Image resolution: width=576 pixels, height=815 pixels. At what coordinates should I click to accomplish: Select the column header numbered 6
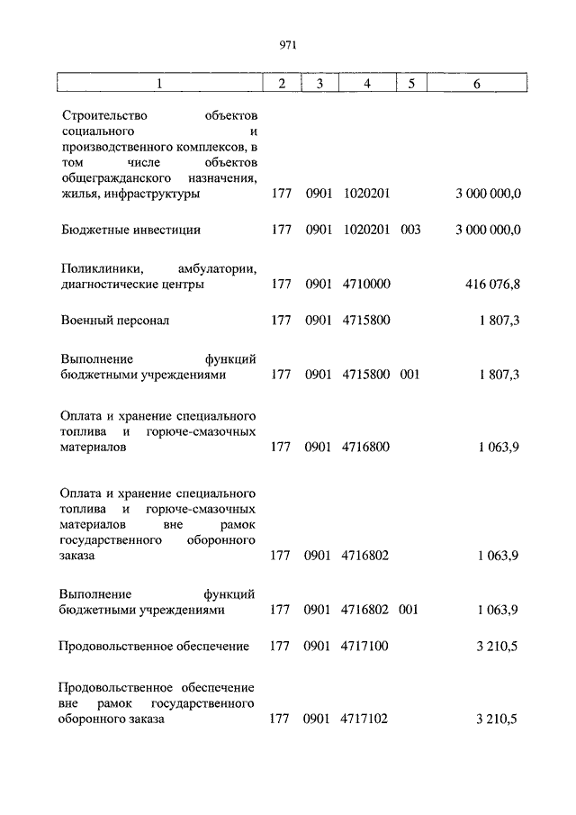tap(476, 84)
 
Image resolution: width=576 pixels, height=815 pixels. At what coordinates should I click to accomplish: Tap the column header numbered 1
tap(158, 84)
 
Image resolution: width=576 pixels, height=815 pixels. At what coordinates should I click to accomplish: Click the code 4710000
tap(366, 285)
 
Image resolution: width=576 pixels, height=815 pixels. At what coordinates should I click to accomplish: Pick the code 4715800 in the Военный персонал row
tap(366, 320)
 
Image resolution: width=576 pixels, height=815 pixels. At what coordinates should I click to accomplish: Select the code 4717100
tap(366, 646)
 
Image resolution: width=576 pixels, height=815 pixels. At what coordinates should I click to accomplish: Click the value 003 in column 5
tap(410, 230)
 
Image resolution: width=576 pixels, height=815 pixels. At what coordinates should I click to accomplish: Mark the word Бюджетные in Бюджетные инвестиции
tap(92, 230)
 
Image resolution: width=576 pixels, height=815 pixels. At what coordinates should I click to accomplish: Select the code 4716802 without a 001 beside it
tap(366, 556)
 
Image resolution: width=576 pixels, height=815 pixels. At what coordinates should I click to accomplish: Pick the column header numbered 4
tap(367, 84)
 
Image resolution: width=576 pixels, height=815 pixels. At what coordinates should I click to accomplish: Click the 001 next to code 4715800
tap(410, 375)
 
